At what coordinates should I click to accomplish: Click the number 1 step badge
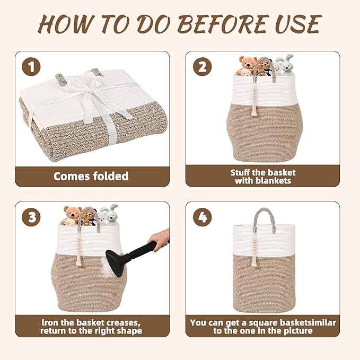(31, 67)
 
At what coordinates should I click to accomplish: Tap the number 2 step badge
(202, 67)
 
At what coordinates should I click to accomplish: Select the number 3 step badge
(31, 217)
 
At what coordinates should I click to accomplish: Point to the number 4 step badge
(202, 217)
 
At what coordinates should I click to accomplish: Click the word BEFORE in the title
(223, 24)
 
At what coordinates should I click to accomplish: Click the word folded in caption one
(111, 177)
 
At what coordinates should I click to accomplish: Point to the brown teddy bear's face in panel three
(73, 213)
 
